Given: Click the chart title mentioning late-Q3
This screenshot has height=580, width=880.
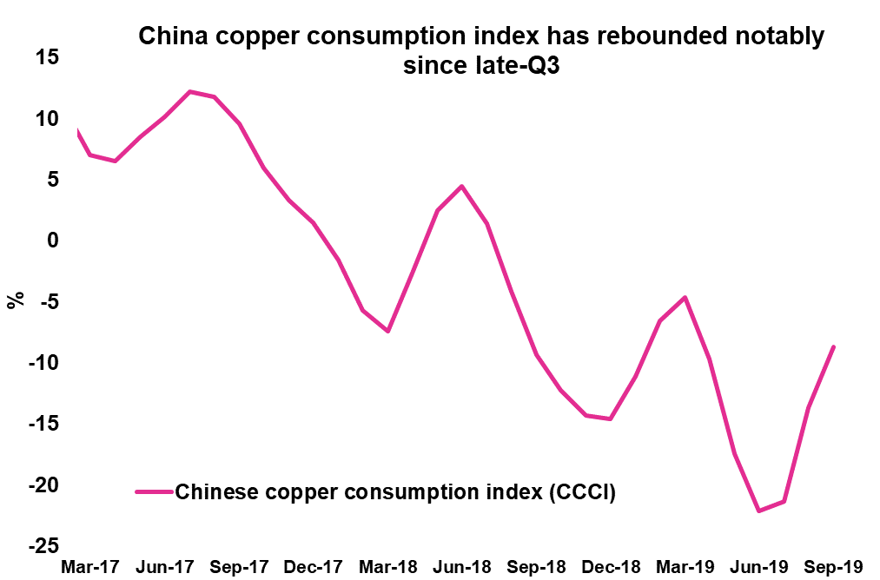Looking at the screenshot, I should (x=480, y=52).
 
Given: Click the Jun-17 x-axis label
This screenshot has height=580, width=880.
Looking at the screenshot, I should (x=164, y=567).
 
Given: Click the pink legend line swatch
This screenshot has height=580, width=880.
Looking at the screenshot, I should (x=154, y=492).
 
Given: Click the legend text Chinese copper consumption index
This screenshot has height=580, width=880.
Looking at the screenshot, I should (x=395, y=492).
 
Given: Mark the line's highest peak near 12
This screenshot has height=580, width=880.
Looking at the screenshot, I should (x=190, y=91).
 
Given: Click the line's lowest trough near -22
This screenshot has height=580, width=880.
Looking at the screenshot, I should (x=759, y=511).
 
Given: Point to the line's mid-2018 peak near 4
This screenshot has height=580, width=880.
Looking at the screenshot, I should (x=461, y=186).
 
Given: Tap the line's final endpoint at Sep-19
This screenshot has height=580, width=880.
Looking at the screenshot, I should (x=834, y=346).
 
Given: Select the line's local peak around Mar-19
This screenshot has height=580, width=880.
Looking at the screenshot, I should (x=685, y=297).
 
